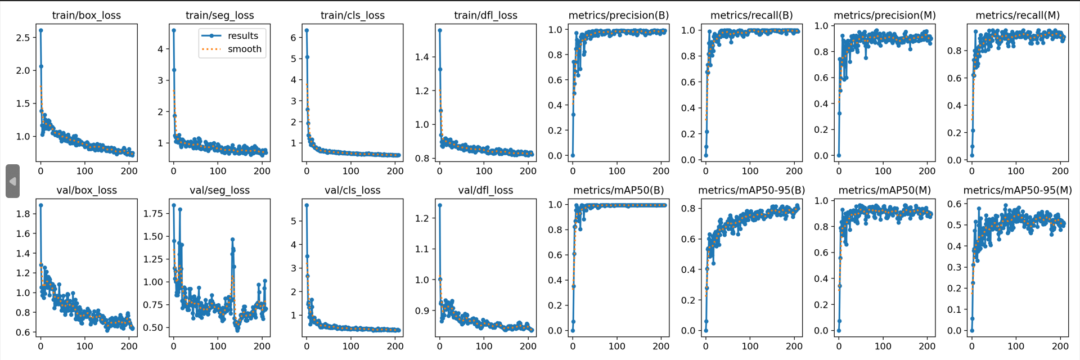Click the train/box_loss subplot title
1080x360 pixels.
point(86,15)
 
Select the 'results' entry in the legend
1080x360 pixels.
point(242,35)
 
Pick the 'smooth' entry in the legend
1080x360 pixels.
point(244,49)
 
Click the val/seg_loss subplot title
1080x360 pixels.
point(219,190)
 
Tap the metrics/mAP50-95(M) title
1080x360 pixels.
point(1017,190)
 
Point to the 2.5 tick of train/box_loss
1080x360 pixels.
point(23,38)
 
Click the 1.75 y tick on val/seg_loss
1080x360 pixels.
point(153,214)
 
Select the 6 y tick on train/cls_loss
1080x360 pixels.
point(293,38)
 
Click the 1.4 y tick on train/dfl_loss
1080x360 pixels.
point(422,57)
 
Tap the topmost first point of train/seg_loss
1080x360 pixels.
point(173,30)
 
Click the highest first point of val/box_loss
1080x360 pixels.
point(40,205)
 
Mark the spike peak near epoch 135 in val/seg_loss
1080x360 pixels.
point(232,240)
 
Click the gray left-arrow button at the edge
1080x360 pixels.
point(12,181)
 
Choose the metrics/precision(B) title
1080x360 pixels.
point(618,15)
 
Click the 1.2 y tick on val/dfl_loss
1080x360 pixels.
point(422,218)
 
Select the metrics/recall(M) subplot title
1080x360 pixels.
point(1017,15)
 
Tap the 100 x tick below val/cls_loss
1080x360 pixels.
point(350,346)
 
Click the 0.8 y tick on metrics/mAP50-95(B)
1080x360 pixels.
point(688,208)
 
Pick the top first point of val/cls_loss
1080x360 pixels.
point(307,205)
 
